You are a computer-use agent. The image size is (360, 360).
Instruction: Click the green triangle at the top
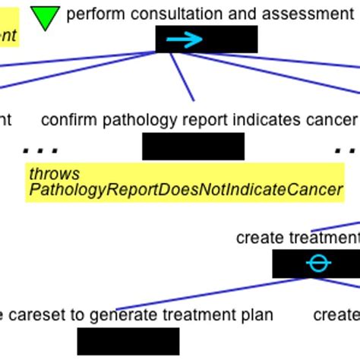click(x=45, y=17)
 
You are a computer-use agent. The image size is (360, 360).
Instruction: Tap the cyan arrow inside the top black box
click(x=185, y=39)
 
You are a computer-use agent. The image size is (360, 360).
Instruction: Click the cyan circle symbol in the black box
click(x=318, y=264)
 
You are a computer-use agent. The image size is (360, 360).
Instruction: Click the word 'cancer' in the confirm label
click(x=333, y=120)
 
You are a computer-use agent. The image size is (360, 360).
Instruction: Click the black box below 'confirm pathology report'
click(x=193, y=146)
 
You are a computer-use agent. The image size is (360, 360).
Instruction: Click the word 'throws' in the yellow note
click(x=54, y=174)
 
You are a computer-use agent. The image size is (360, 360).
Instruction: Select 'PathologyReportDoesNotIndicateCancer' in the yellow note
click(x=185, y=189)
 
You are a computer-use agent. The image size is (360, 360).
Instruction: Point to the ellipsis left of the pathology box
click(x=40, y=150)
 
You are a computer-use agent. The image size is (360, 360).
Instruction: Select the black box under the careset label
click(x=128, y=341)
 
